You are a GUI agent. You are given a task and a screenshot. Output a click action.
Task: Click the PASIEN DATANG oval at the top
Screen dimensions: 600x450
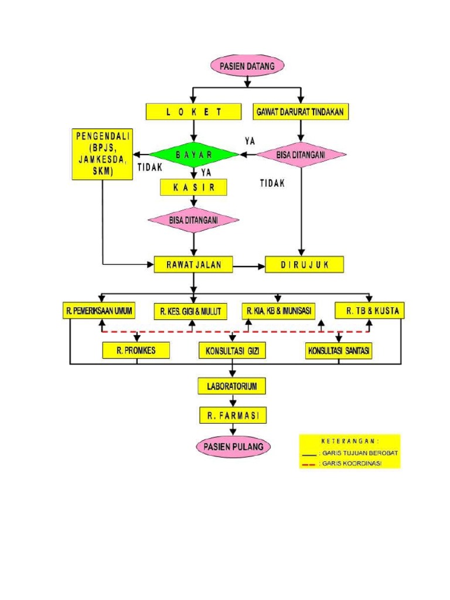[x=247, y=66]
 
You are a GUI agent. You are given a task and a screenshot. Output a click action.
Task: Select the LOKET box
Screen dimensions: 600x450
[x=193, y=111]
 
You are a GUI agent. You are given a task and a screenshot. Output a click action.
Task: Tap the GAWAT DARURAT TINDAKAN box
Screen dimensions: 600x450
[x=301, y=111]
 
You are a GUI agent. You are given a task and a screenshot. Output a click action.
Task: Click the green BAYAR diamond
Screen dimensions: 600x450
[x=193, y=155]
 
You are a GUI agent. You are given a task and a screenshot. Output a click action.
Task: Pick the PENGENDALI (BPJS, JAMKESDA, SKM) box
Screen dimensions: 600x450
[x=103, y=154]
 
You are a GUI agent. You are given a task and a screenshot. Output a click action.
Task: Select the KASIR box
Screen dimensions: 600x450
[x=193, y=187]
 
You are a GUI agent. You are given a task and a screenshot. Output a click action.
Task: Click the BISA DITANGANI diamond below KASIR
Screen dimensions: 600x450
[x=193, y=220]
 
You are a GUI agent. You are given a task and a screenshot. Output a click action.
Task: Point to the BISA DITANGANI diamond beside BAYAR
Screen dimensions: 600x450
[x=301, y=155]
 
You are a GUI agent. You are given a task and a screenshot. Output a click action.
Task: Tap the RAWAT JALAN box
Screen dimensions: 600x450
[x=193, y=264]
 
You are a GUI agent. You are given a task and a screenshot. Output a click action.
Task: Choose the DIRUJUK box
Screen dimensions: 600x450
[x=305, y=264]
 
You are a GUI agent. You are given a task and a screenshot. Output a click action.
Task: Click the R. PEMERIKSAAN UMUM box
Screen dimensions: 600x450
[x=99, y=311]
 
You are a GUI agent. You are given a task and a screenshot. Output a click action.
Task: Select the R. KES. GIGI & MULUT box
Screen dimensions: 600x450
[x=190, y=311]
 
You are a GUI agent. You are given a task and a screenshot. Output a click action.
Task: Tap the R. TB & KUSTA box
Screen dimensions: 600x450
[x=369, y=311]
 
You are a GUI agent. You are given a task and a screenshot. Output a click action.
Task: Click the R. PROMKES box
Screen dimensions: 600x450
[x=137, y=350]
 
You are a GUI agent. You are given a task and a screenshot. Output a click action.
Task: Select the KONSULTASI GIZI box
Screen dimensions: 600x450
[x=232, y=351]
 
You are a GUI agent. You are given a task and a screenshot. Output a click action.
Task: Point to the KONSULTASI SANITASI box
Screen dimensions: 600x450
[x=339, y=351]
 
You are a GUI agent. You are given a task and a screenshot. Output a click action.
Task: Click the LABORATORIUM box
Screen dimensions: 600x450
[x=232, y=386]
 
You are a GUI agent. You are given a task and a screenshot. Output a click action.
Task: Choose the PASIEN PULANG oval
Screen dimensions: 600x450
[x=234, y=447]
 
